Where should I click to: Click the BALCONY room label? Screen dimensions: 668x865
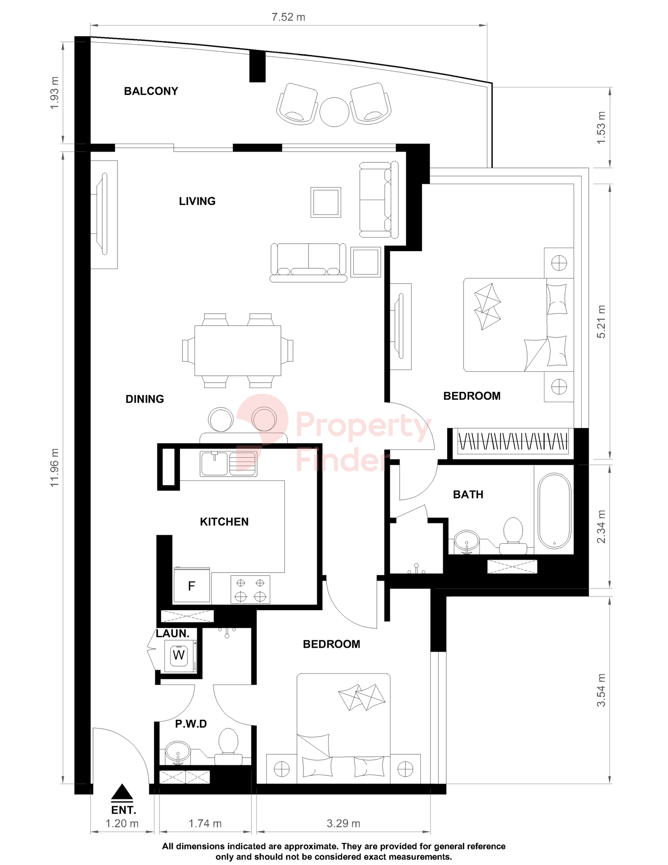(151, 91)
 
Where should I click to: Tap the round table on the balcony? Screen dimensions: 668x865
(334, 112)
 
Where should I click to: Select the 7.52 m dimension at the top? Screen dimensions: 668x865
(288, 17)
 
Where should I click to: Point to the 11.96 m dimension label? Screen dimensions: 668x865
(55, 467)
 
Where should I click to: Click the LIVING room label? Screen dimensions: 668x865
(197, 201)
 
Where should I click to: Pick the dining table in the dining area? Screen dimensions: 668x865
(238, 351)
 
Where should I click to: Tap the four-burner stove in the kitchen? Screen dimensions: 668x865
(250, 589)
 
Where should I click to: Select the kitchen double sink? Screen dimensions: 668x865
(228, 464)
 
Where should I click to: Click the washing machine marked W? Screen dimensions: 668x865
(179, 655)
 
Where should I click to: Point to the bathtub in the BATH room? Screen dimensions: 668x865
(554, 511)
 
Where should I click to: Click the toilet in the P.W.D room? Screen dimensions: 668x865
(228, 746)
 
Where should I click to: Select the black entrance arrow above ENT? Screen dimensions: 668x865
(122, 793)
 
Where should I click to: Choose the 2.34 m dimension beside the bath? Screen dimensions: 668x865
(601, 527)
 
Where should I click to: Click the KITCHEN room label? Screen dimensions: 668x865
(224, 522)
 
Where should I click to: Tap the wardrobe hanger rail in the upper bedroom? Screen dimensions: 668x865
(513, 441)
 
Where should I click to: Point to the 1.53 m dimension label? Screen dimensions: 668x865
(601, 128)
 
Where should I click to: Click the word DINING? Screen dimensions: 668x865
(144, 399)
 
